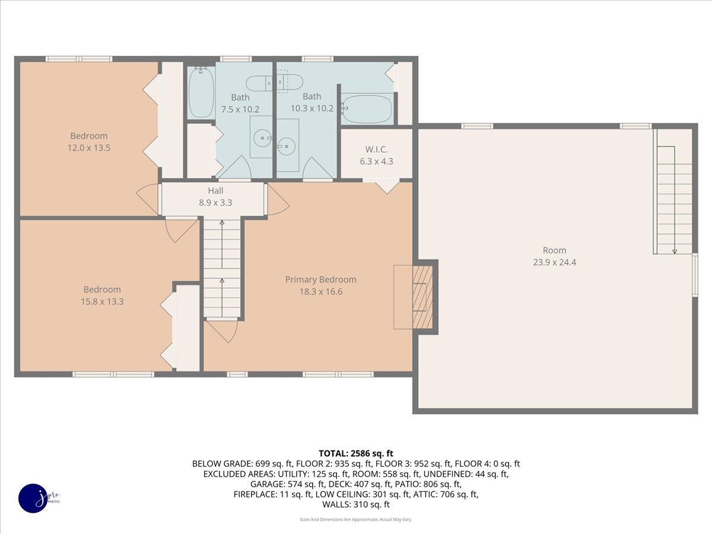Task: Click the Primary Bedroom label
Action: click(320, 279)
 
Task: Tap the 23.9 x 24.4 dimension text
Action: click(554, 262)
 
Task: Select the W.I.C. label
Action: click(377, 150)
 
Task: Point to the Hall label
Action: click(215, 190)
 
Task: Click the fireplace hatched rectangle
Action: click(422, 297)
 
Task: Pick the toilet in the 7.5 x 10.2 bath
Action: click(259, 83)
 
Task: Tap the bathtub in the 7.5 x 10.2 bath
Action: click(201, 93)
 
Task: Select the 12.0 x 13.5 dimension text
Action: click(89, 148)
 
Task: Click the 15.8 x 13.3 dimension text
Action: click(102, 301)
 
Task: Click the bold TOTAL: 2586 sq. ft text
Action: click(355, 453)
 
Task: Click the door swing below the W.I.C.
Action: click(387, 187)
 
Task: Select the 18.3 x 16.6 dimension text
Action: click(320, 291)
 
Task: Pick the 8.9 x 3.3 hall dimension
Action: click(215, 202)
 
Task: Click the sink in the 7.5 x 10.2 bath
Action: click(261, 138)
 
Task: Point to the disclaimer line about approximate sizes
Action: click(355, 519)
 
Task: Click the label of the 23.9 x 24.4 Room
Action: click(554, 250)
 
